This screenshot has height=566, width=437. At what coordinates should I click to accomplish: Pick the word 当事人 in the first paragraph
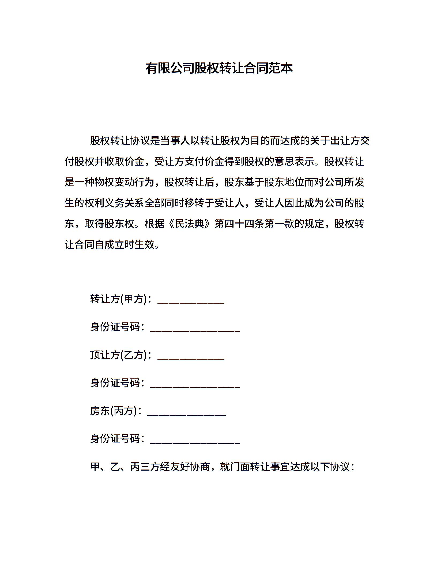point(175,141)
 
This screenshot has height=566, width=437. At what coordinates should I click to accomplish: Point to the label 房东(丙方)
point(114,411)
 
